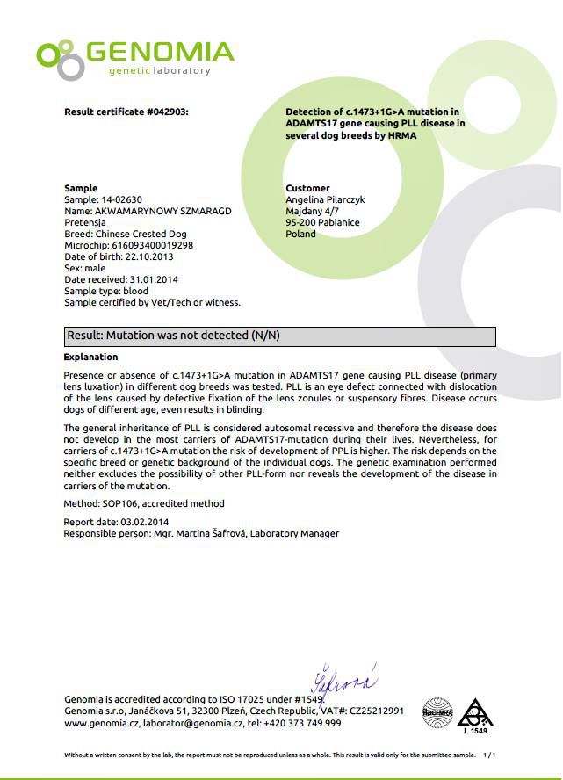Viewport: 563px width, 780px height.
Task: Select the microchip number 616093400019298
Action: click(152, 246)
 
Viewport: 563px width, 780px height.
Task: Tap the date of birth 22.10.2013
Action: click(143, 257)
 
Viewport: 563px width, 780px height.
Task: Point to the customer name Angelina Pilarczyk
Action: click(325, 200)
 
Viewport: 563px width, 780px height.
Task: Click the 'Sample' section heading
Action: click(81, 189)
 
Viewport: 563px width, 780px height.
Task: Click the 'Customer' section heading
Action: click(307, 189)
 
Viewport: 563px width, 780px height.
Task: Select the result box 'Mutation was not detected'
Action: click(281, 336)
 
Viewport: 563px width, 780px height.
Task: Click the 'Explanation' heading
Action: click(90, 357)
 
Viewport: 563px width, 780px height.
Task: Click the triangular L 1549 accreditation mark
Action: click(475, 715)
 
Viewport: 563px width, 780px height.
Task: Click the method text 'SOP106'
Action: click(119, 504)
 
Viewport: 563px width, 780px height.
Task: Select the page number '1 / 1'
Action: click(489, 755)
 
